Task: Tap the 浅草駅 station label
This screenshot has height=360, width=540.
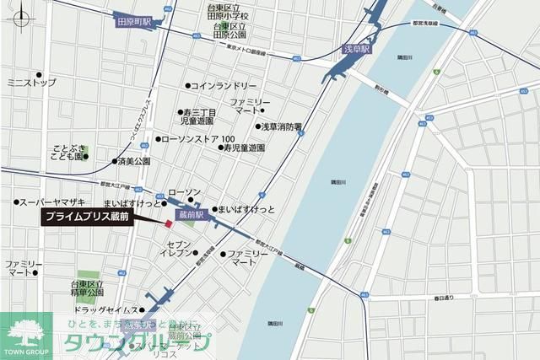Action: pyautogui.click(x=352, y=50)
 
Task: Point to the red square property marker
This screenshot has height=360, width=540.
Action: pyautogui.click(x=169, y=223)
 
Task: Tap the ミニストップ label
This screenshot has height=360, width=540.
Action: pyautogui.click(x=31, y=83)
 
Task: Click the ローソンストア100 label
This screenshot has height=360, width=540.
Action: pyautogui.click(x=202, y=138)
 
